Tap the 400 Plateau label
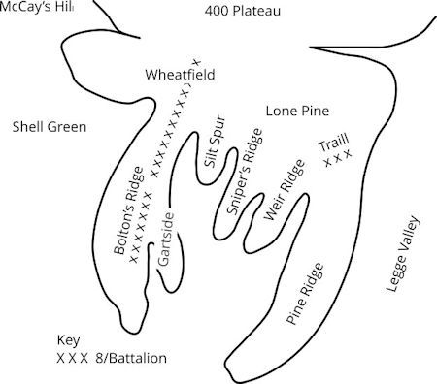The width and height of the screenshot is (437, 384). (242, 12)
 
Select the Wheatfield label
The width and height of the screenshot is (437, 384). (179, 75)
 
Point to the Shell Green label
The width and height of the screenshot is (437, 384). (50, 127)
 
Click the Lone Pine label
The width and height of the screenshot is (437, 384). (298, 112)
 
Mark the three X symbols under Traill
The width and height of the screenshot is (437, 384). (337, 159)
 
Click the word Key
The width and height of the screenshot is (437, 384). (67, 342)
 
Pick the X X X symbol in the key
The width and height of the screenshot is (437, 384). (72, 358)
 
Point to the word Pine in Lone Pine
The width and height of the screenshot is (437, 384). (315, 112)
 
